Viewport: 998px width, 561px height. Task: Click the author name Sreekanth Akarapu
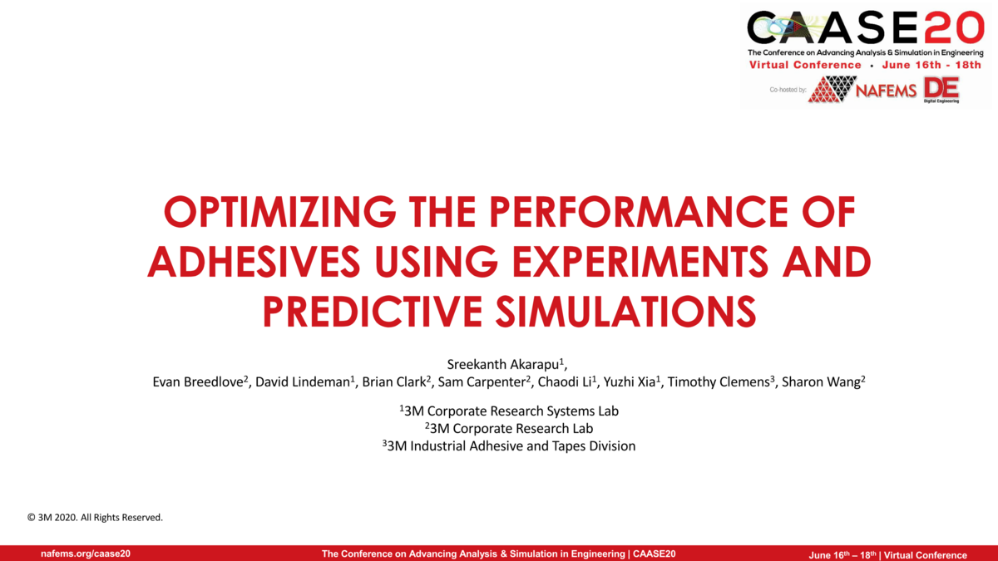point(503,364)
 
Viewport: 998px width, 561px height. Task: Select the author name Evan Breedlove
point(197,382)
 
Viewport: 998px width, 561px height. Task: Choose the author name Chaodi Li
point(566,382)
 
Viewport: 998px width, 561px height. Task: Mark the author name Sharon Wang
point(823,382)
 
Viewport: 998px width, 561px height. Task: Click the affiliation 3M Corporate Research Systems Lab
point(509,411)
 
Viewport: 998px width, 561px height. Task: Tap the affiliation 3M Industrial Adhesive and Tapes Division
point(509,446)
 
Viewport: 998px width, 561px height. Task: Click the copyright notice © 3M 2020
point(95,518)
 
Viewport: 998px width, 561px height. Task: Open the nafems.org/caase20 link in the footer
point(86,554)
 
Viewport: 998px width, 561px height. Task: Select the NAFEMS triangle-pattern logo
point(832,89)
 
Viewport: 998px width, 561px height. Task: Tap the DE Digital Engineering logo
point(941,90)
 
